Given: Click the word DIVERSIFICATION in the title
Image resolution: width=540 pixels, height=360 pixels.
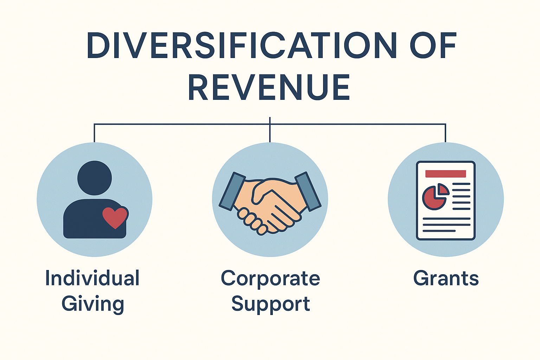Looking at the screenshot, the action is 242,45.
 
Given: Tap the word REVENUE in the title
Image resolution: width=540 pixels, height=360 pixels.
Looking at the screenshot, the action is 269,87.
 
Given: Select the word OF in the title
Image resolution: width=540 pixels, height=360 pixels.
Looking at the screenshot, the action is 433,45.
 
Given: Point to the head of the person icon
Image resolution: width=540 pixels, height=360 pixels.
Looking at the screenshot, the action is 95,178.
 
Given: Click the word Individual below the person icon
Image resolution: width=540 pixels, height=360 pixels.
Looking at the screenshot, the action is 92,278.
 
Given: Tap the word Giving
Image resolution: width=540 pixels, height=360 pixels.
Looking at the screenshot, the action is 93,304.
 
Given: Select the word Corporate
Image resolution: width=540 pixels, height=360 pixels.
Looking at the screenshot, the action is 270,278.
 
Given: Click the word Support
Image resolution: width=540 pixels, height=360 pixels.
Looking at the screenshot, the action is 271,304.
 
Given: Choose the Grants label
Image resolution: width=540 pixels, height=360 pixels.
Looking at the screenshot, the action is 446,278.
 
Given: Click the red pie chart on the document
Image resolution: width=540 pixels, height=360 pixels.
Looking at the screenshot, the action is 435,197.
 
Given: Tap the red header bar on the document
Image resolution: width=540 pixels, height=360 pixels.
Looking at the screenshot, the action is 445,174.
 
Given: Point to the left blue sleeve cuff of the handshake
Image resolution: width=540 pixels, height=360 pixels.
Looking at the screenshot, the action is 232,191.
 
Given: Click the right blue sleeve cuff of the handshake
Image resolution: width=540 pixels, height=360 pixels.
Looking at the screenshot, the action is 308,191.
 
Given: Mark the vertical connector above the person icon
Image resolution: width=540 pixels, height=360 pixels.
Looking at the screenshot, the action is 94,133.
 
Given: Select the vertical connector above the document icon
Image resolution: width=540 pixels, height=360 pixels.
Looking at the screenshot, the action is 445,133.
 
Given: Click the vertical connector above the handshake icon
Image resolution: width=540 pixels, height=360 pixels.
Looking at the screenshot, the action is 270,130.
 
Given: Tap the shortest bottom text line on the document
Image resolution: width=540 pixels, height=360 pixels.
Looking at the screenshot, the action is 439,231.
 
